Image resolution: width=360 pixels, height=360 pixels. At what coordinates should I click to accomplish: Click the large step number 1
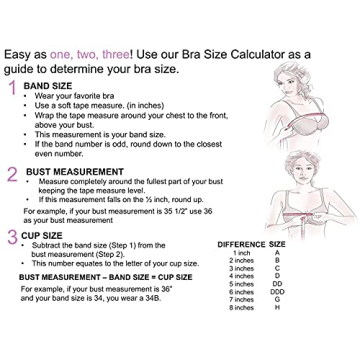coord(11,90)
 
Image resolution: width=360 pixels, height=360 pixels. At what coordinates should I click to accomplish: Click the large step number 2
coord(11,174)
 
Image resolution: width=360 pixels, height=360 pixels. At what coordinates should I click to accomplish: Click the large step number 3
coord(11,237)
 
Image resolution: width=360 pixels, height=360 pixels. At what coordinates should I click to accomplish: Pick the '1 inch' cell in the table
coord(242,253)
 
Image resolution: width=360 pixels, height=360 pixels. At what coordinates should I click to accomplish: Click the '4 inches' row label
coord(243,276)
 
